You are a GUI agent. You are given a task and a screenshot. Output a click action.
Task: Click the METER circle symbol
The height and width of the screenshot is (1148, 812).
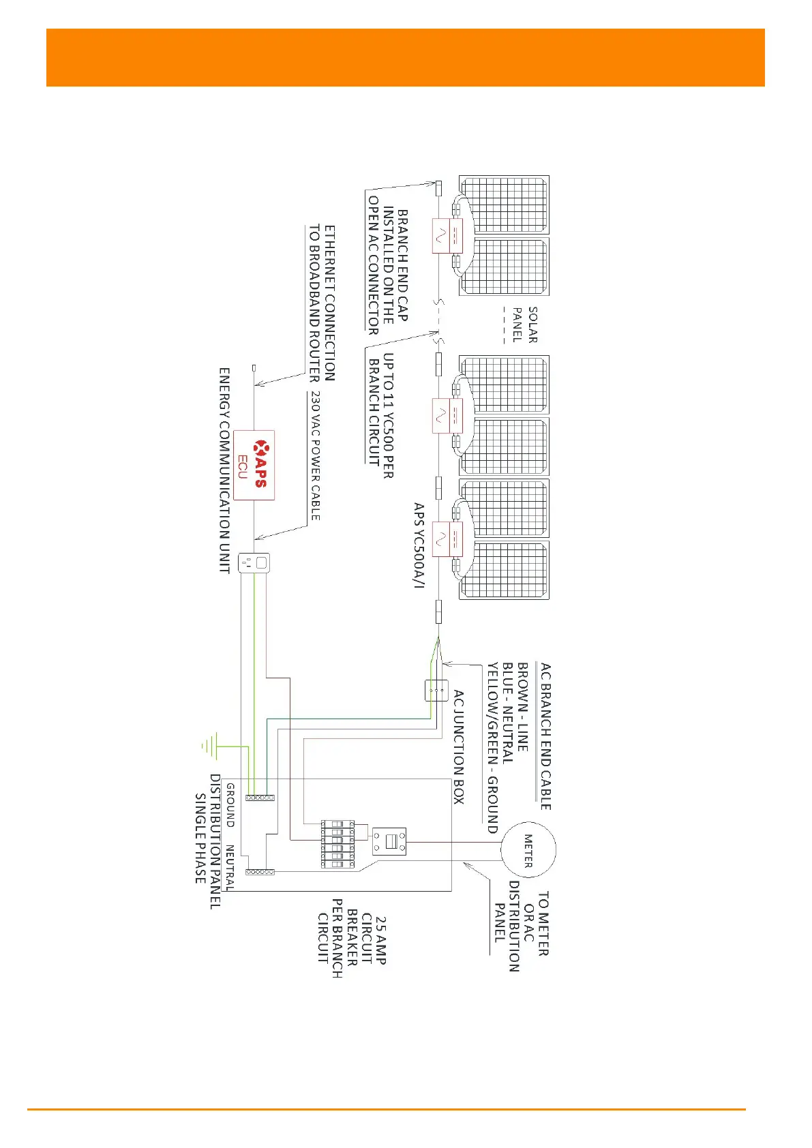click(528, 850)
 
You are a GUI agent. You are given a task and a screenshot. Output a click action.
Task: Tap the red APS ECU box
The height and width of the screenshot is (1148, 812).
click(254, 465)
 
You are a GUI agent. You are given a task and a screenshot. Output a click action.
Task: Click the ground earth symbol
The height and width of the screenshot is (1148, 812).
click(211, 746)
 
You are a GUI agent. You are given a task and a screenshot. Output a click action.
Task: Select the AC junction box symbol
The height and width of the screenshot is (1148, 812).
click(436, 690)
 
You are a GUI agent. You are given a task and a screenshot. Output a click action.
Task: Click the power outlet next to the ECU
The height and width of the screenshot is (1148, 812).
click(254, 562)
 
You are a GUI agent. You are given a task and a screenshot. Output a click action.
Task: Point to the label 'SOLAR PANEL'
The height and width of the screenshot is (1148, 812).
click(526, 324)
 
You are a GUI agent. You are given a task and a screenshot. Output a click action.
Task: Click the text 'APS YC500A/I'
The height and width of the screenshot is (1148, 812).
click(419, 545)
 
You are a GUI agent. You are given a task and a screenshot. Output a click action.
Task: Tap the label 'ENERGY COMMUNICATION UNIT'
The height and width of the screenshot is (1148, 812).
click(224, 470)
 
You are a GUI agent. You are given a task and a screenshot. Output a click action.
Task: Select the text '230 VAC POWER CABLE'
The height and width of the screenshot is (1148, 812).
click(315, 455)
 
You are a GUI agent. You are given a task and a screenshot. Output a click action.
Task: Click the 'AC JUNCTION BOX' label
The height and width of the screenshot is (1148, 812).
click(459, 746)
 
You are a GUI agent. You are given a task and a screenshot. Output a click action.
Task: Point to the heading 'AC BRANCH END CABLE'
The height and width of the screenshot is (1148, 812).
click(546, 736)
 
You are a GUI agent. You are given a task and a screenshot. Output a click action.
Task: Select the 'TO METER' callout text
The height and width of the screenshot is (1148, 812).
click(543, 924)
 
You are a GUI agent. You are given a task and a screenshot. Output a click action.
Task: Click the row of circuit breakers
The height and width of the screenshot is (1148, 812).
click(337, 845)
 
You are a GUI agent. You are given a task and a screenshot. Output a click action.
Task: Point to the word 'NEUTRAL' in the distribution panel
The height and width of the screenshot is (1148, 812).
click(230, 868)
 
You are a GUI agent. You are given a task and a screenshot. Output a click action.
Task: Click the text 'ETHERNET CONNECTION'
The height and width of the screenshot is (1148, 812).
click(329, 303)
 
